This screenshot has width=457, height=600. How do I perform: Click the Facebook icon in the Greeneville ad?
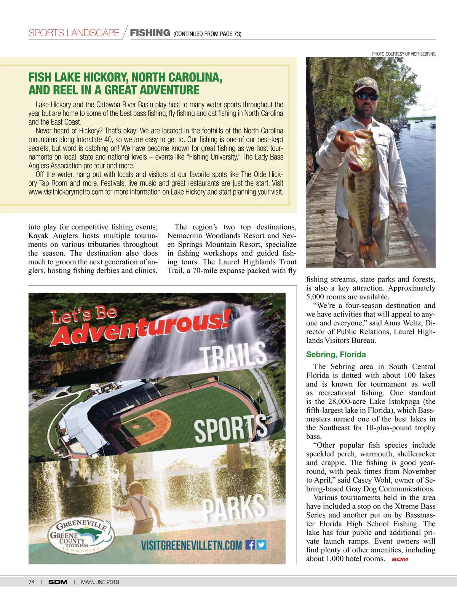(250, 545)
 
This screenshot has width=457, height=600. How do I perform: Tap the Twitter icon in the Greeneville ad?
(261, 545)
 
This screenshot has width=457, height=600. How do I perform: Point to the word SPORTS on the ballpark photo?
(231, 429)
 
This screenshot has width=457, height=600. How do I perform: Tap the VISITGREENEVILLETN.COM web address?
(191, 545)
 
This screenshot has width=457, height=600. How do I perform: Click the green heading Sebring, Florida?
(336, 354)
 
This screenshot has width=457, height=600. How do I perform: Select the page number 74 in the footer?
(31, 582)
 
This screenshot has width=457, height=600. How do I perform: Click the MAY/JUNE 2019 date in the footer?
(100, 582)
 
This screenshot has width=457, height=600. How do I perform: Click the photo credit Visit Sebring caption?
(403, 54)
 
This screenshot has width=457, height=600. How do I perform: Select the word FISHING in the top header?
(150, 33)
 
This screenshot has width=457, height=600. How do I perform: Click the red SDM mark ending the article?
(399, 559)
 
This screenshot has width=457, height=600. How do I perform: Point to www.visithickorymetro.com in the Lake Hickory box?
(66, 192)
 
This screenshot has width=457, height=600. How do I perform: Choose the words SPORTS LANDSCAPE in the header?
(74, 33)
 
